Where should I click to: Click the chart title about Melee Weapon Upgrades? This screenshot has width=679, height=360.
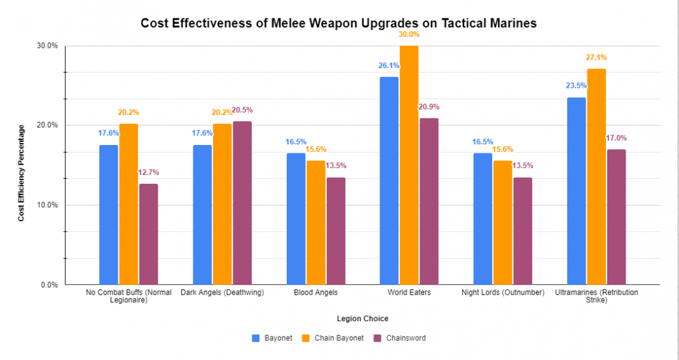(339, 24)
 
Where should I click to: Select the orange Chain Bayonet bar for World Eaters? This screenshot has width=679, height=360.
(409, 165)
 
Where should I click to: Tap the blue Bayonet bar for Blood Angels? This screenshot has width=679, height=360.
(296, 219)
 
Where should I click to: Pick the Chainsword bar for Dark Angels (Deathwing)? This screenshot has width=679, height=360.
(242, 203)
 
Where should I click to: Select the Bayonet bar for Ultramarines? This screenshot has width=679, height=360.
(577, 191)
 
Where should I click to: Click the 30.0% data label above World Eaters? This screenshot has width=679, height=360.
(409, 34)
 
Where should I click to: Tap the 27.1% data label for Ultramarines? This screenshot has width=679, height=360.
(596, 57)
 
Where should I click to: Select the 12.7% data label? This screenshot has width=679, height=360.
(149, 172)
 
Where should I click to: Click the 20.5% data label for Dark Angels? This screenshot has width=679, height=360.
(242, 110)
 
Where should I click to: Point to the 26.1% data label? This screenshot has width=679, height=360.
(389, 66)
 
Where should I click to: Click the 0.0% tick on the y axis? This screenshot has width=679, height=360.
(50, 285)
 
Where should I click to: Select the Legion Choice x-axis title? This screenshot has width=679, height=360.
(362, 318)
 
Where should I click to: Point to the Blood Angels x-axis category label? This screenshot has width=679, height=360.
(316, 293)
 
